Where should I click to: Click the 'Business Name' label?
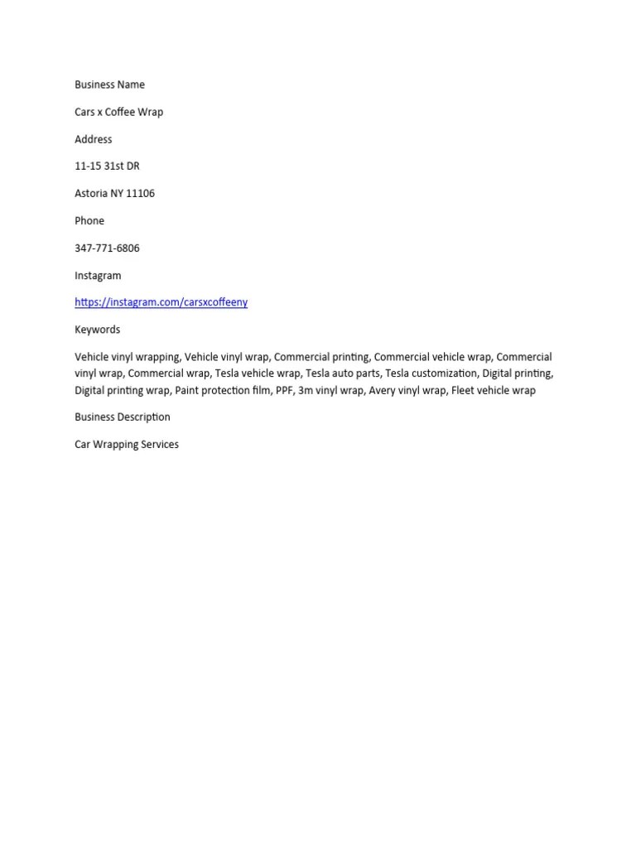coord(109,84)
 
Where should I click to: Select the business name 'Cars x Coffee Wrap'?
coord(118,112)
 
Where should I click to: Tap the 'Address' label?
coord(93,139)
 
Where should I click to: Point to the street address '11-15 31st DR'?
coord(107,166)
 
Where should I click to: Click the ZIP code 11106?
coord(140,193)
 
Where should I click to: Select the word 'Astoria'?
coord(91,193)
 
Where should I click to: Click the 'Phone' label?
coord(89,220)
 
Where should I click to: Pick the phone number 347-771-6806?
coord(107,248)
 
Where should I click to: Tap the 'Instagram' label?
coord(98,275)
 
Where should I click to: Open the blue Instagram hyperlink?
coord(161,302)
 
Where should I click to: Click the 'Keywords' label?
coord(97,330)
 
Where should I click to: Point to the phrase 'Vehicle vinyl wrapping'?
coord(127,357)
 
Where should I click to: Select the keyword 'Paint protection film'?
coord(222,390)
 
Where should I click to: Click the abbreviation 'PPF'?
coord(284,390)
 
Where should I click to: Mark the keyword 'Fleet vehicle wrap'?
coord(494,390)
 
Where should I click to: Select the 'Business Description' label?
coord(122,417)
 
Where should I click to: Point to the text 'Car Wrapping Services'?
coord(126,444)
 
